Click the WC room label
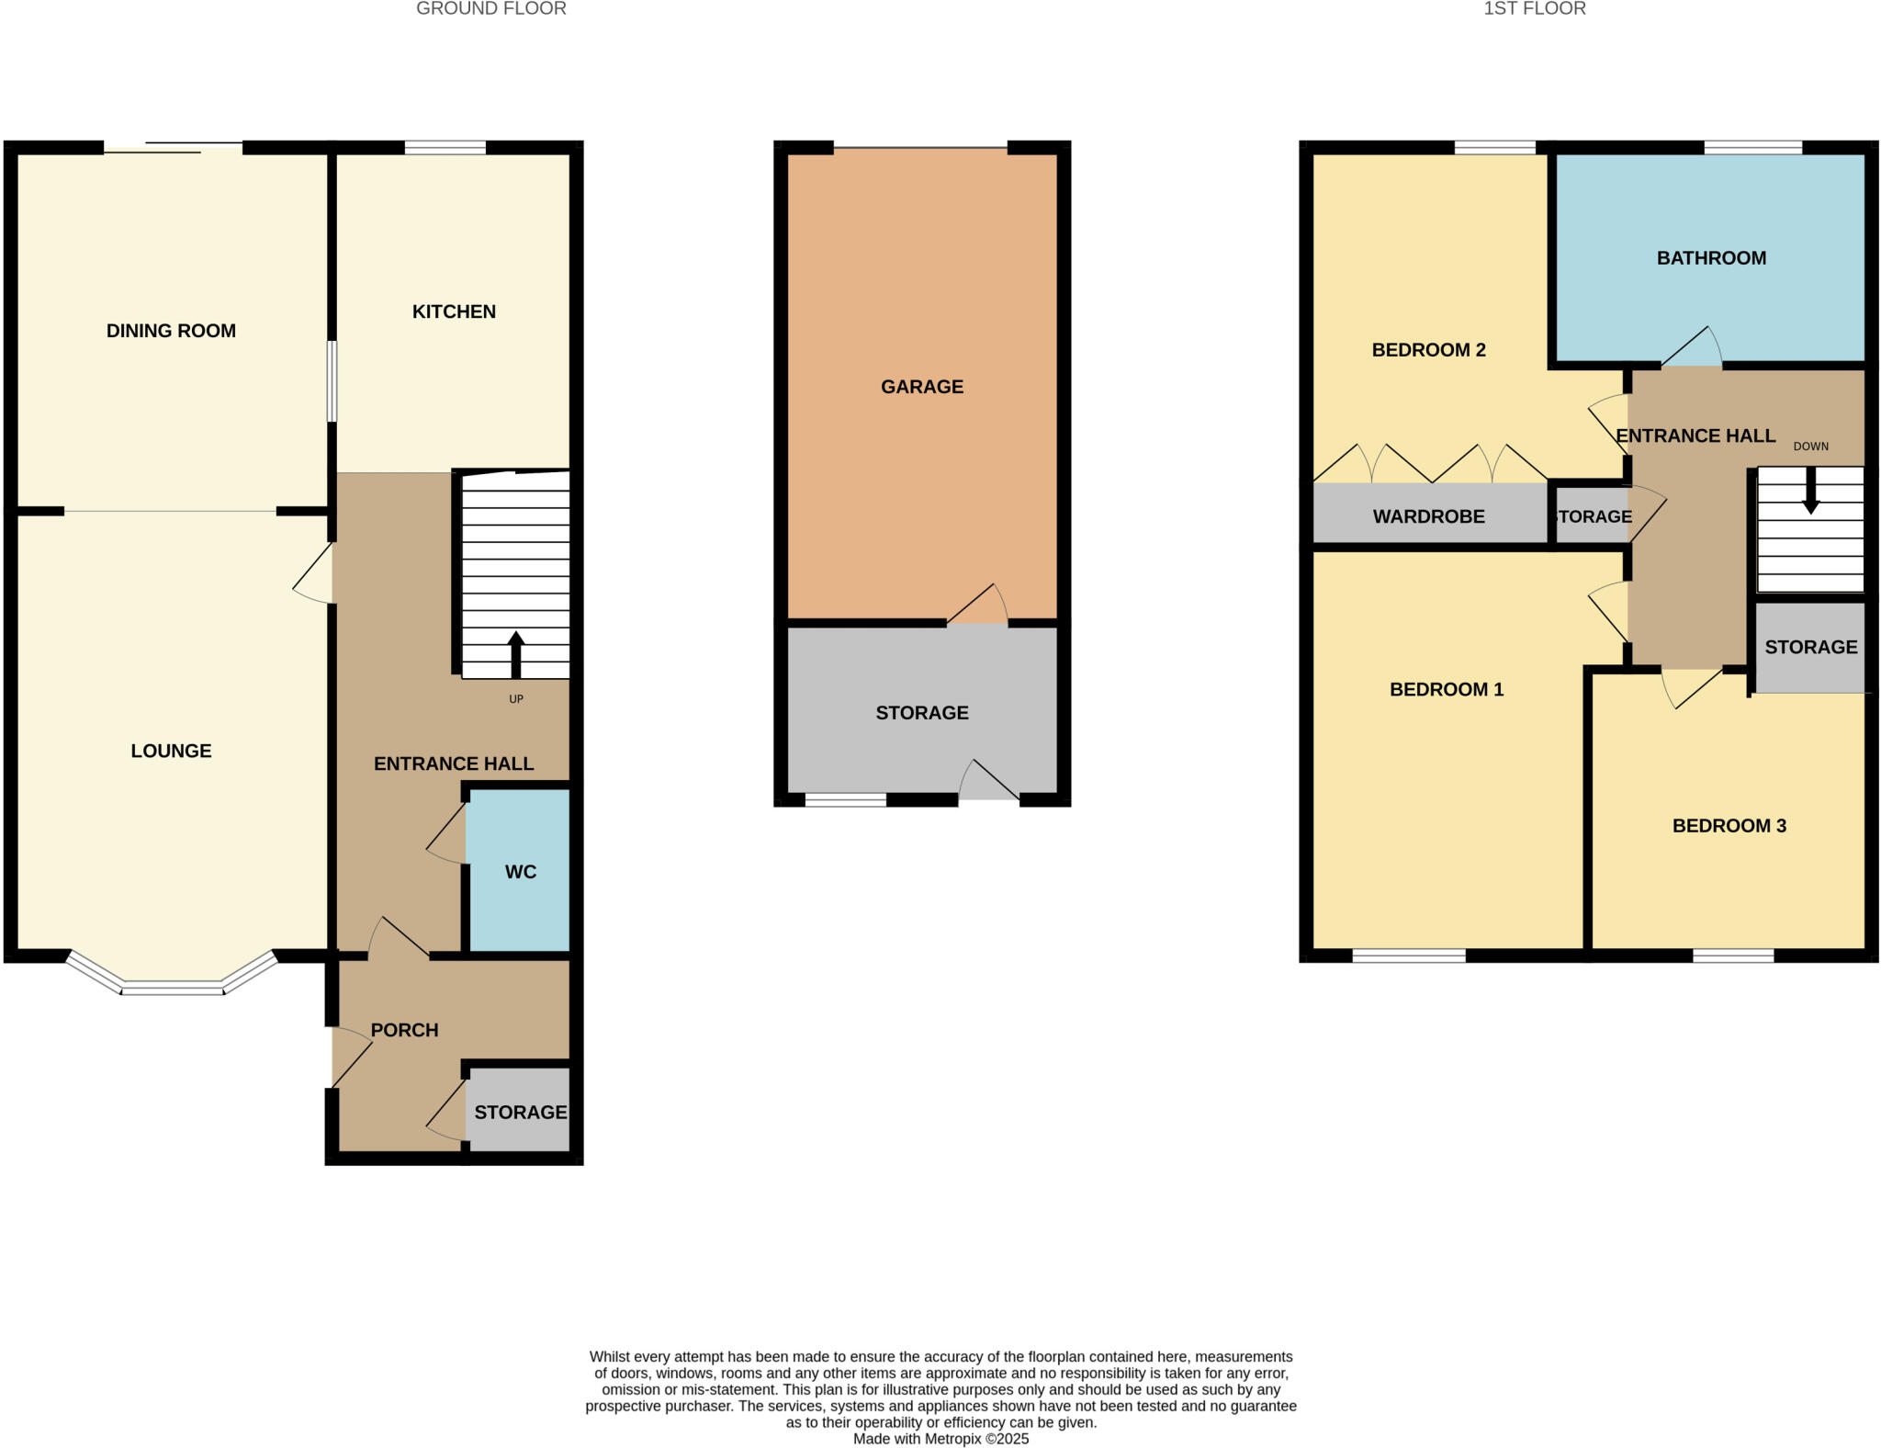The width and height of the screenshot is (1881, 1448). point(520,872)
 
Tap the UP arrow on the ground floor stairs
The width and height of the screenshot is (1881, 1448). point(515,654)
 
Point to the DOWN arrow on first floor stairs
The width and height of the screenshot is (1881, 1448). point(1810,491)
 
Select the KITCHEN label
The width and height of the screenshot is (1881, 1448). point(454,311)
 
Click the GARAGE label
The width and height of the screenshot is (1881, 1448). point(921,387)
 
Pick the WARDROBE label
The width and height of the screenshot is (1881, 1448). point(1428,516)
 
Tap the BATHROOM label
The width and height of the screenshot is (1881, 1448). point(1710,258)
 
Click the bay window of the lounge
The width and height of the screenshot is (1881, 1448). point(172,987)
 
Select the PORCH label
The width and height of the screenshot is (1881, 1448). point(404,1030)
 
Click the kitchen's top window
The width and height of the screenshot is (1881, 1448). point(445,148)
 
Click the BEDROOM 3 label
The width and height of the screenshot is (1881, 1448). point(1729,826)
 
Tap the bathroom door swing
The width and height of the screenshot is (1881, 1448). point(1692,349)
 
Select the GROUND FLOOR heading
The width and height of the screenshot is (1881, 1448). point(490,9)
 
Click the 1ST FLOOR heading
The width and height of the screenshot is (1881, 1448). point(1534,9)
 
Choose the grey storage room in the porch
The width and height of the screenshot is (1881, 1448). point(520,1112)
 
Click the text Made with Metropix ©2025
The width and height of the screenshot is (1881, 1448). point(940,1439)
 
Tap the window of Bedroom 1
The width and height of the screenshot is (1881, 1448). point(1408,956)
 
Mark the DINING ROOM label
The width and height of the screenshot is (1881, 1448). point(171,331)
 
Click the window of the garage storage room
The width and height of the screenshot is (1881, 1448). point(845,800)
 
